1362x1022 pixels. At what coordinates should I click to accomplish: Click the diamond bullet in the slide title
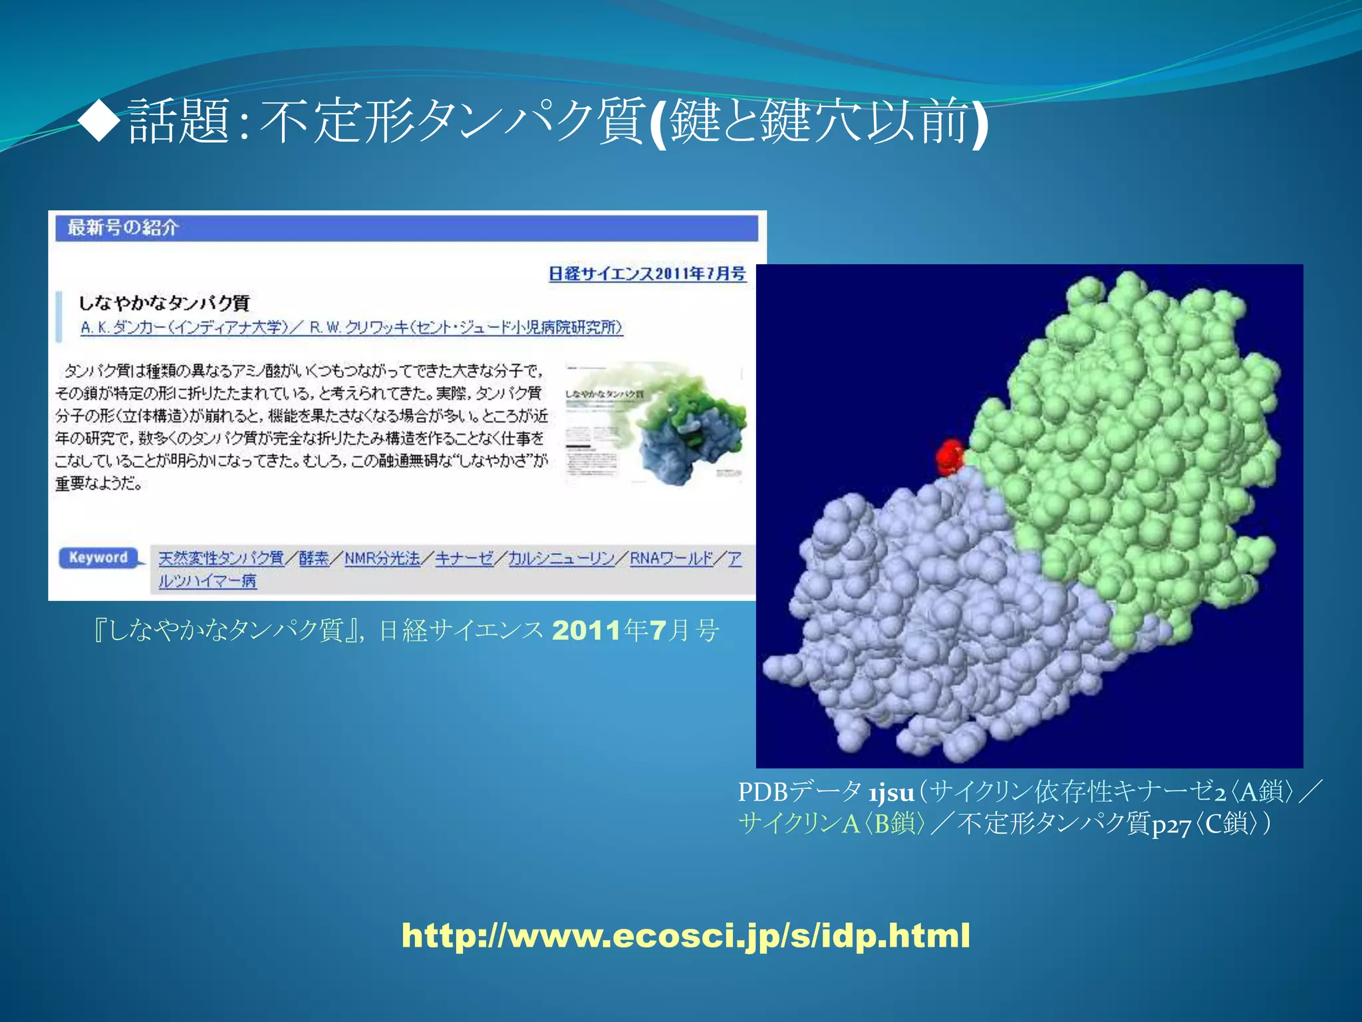tap(99, 121)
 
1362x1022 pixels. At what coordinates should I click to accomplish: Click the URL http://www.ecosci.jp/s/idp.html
tap(686, 936)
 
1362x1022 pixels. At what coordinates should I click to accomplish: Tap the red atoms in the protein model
tap(949, 456)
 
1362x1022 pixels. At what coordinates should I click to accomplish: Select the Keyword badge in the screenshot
tap(98, 558)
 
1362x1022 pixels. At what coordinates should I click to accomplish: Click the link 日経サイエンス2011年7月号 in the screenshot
tap(646, 273)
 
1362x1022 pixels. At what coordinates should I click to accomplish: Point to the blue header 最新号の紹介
tap(123, 228)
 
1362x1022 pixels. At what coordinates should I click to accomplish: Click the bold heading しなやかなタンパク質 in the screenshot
tap(164, 303)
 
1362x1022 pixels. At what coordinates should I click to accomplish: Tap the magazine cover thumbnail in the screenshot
tap(654, 423)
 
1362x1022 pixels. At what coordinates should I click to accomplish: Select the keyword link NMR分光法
tap(382, 558)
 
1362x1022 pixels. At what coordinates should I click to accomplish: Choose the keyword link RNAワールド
tap(671, 558)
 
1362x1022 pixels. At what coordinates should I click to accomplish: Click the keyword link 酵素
tap(313, 558)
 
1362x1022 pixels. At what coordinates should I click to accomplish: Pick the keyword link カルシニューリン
tap(561, 558)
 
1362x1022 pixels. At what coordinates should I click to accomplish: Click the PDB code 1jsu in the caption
tap(890, 793)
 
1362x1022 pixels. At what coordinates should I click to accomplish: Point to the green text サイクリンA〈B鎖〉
tap(831, 824)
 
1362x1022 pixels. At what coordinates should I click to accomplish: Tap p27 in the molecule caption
tap(1170, 826)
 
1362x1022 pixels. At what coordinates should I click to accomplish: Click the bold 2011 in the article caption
tap(586, 630)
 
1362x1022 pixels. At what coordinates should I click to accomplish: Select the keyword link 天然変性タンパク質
tap(221, 558)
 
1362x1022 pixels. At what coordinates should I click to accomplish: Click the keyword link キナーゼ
tap(464, 558)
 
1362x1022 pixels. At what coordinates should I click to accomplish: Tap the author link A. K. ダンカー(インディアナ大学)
tap(185, 327)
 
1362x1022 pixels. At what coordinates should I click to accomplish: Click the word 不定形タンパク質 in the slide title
tap(452, 121)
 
